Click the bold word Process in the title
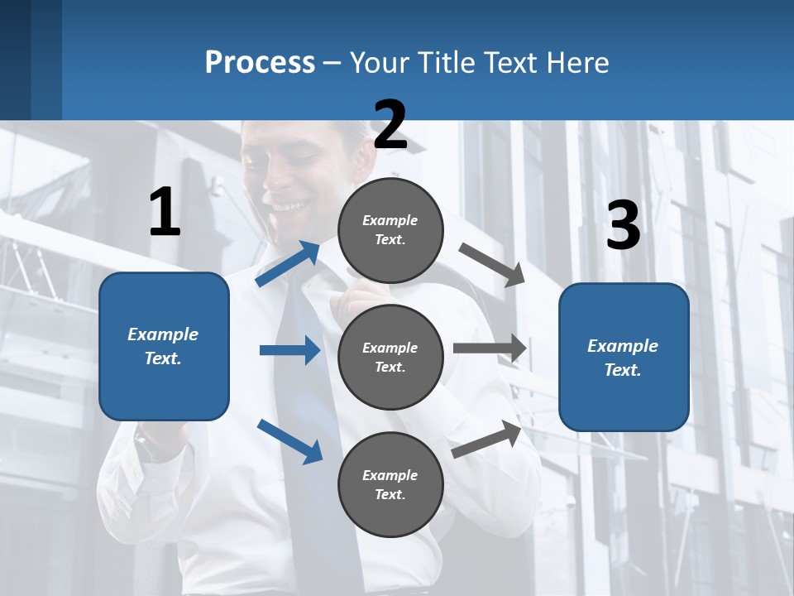coord(260,62)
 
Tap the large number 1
coord(165,212)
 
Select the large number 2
coord(390,125)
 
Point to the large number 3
coord(623,226)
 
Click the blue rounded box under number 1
coord(164,346)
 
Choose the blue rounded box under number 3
coord(624,358)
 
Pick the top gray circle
coord(390,230)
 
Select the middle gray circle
coord(390,358)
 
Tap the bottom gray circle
coord(390,485)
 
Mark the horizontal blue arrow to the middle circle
coord(289,350)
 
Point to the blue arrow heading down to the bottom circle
coord(289,441)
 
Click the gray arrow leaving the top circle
coord(491,264)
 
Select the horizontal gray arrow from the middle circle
coord(489,348)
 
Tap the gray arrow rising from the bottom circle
coord(486,439)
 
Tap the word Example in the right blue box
coord(623,346)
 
